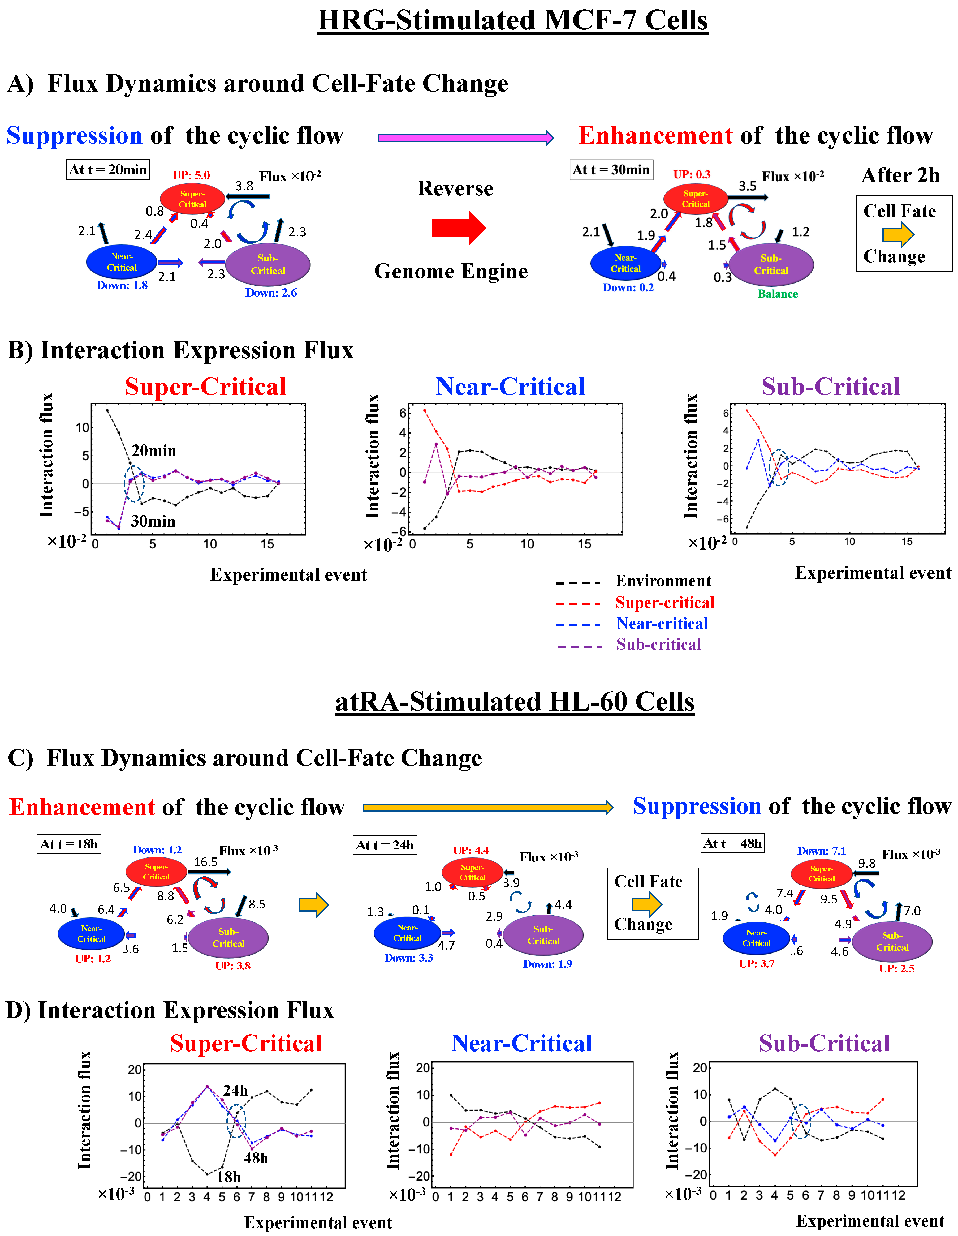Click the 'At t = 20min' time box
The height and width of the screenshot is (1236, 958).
(x=107, y=170)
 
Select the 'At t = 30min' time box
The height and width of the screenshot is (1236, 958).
(x=611, y=170)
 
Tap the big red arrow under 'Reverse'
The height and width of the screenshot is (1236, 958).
(x=458, y=228)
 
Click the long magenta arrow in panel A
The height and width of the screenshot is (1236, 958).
(x=465, y=138)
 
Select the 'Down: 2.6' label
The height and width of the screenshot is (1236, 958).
(x=271, y=293)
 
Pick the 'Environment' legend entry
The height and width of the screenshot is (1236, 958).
(x=663, y=581)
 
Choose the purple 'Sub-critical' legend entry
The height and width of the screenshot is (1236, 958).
(x=659, y=645)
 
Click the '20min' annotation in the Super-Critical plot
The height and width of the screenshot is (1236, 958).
(x=154, y=451)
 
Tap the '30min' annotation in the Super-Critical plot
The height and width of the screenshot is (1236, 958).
(x=153, y=521)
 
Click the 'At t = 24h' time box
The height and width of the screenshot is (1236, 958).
(x=385, y=845)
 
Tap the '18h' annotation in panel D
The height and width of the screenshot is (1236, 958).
(x=228, y=1177)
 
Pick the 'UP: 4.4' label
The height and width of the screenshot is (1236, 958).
(x=471, y=851)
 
